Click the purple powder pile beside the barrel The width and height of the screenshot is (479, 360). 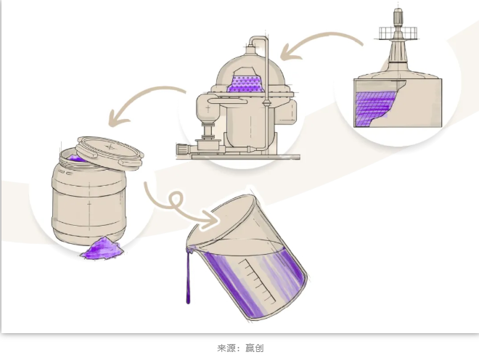click(x=102, y=248)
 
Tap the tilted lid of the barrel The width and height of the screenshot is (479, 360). click(x=110, y=153)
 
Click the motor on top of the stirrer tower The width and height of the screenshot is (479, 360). click(x=398, y=17)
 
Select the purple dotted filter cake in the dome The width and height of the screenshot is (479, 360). click(x=245, y=83)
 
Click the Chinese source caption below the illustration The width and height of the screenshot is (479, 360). click(x=240, y=348)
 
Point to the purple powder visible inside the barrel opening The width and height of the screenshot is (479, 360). click(x=76, y=158)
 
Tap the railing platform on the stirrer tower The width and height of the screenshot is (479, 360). click(x=398, y=33)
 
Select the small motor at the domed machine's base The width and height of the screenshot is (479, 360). click(x=184, y=150)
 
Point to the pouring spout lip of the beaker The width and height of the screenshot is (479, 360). click(x=190, y=248)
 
